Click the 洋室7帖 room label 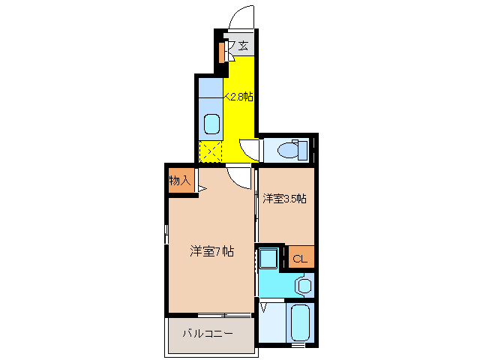(x=211, y=252)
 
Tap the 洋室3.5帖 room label (x=285, y=199)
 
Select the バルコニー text (x=207, y=332)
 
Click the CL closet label (x=299, y=259)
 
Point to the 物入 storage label (x=181, y=181)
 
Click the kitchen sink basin (x=212, y=123)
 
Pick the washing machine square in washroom (x=268, y=259)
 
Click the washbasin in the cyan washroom (x=303, y=286)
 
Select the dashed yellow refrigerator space (x=211, y=151)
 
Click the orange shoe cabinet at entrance (x=222, y=52)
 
